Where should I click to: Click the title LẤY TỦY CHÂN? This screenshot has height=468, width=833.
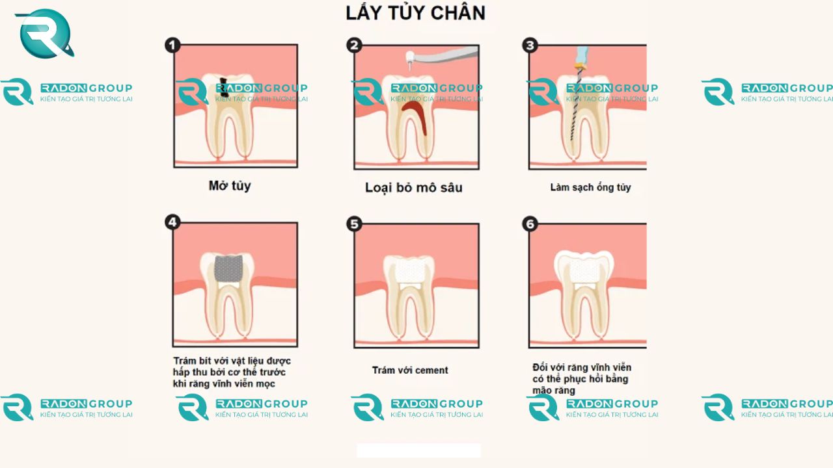[415, 13]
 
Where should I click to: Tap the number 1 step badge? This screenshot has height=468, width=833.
[172, 45]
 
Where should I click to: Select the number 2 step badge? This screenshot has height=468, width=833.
[354, 45]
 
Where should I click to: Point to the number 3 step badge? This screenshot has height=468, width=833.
[530, 45]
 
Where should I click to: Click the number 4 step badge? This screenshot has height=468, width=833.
[172, 222]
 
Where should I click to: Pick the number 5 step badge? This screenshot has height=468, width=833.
[354, 224]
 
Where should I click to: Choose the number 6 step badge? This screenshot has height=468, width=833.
[530, 224]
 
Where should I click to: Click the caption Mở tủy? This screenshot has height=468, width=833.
[230, 186]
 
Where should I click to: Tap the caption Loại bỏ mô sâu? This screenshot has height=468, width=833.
[414, 188]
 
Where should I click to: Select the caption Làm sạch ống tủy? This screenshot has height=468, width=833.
[590, 187]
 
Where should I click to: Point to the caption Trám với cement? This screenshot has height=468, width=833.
[410, 370]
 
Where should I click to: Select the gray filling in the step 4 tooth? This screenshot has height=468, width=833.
[229, 267]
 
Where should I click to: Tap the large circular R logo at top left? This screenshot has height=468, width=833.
[44, 34]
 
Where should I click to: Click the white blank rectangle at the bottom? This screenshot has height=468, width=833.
[418, 450]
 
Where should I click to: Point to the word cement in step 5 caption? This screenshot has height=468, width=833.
[431, 370]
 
